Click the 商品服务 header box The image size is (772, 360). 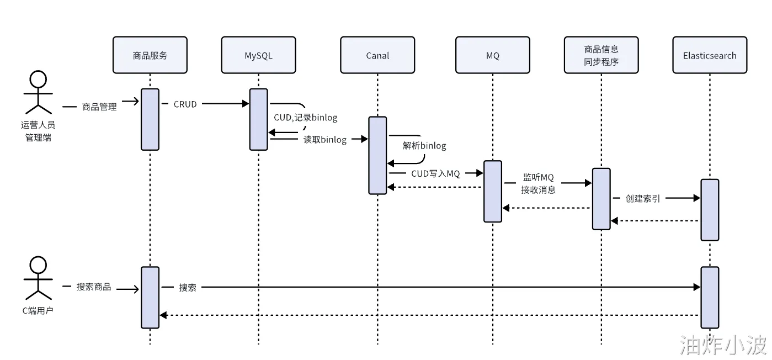point(150,55)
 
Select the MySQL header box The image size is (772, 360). point(258,55)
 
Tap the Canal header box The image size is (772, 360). point(377,55)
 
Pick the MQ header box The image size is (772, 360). point(493,55)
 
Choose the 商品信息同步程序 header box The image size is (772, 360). point(601,55)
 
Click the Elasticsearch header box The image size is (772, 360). point(710,55)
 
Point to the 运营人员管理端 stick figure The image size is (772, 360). point(38,92)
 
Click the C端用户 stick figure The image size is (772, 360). point(38,278)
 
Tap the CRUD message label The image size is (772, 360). point(185,104)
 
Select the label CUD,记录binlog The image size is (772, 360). point(305,118)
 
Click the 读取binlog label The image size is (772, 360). point(324,140)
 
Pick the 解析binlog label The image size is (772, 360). point(424,146)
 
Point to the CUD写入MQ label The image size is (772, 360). point(435,173)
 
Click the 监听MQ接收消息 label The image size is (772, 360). point(538,184)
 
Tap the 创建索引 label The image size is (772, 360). point(642,198)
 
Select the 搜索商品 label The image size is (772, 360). point(93,287)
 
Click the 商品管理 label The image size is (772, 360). point(99,107)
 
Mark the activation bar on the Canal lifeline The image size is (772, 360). point(377,155)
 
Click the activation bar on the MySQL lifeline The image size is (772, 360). point(258,119)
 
